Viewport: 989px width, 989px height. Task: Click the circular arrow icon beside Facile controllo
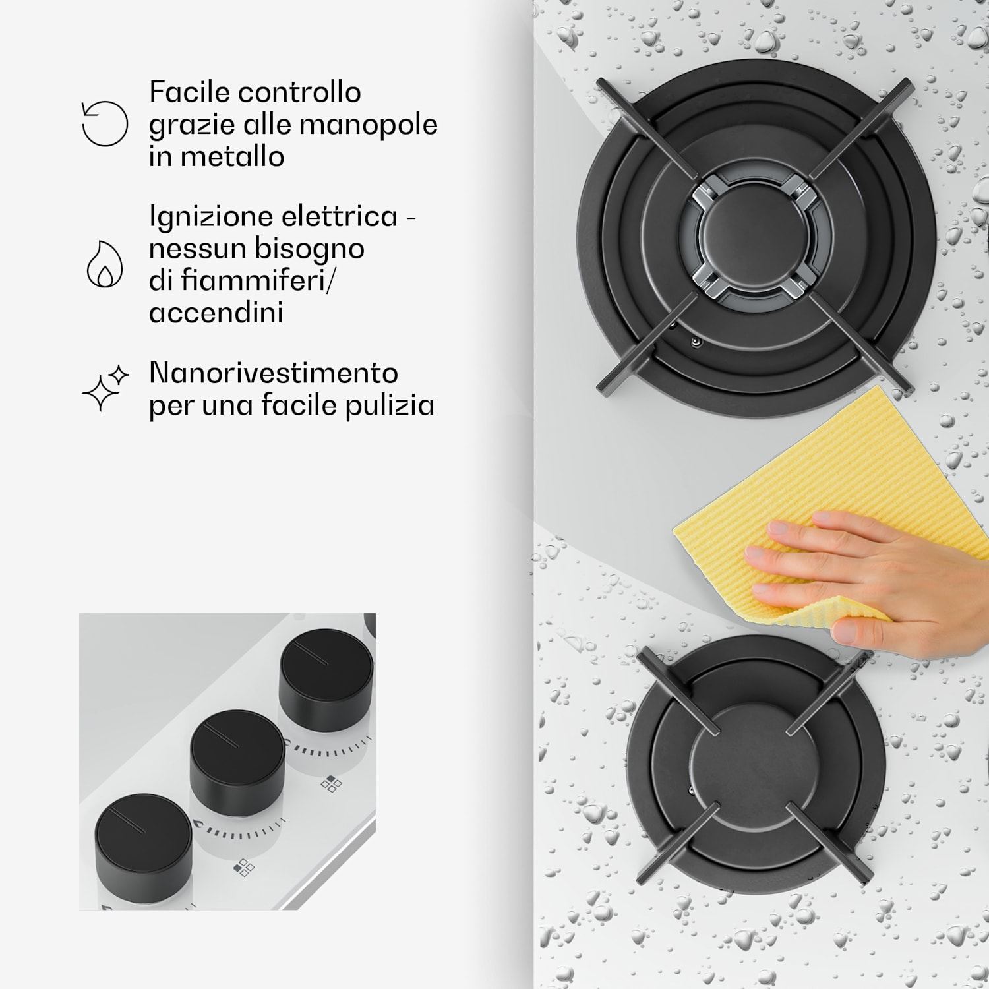coord(104,123)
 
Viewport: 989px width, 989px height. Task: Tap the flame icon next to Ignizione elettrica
coord(105,264)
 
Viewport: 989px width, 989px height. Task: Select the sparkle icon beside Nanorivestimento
coord(105,388)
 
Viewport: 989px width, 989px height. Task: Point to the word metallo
coord(232,157)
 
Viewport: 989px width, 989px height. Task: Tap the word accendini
coord(216,312)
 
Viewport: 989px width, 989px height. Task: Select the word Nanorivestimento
coord(274,373)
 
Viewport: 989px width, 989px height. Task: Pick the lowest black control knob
coord(143,841)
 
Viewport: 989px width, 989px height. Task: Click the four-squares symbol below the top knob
coord(331,784)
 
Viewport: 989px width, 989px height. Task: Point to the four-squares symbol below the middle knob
coord(244,867)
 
